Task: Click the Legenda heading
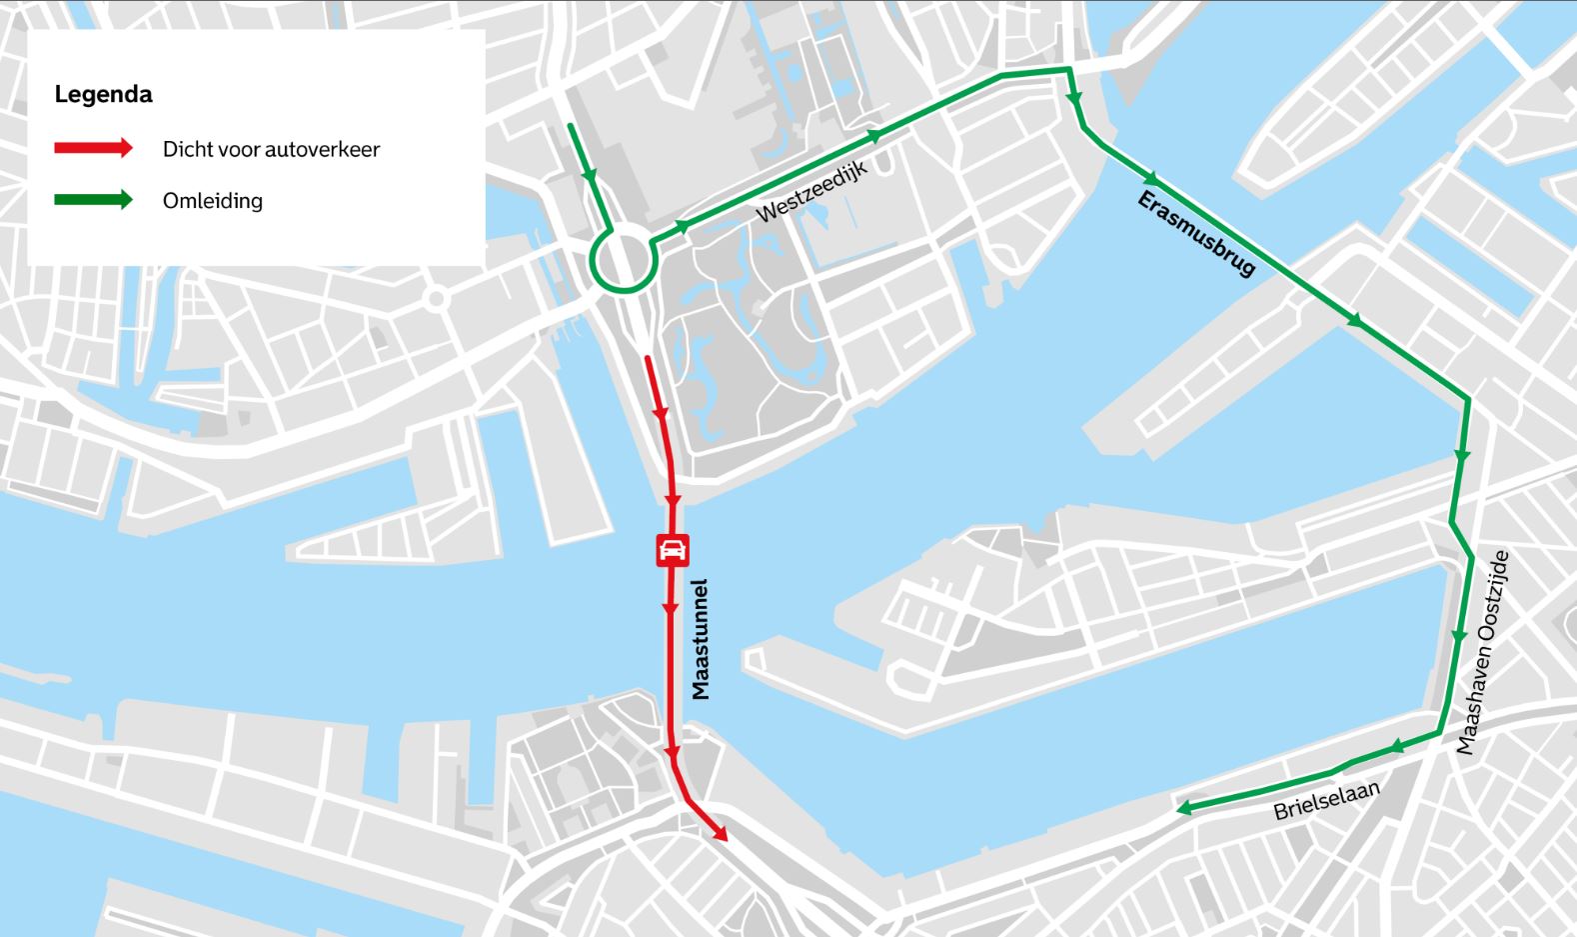[103, 95]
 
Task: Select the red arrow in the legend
[93, 148]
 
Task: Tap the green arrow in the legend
[93, 199]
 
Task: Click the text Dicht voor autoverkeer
[271, 149]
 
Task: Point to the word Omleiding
[212, 200]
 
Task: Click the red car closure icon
[672, 550]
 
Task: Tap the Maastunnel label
[701, 638]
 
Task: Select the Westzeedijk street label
[811, 192]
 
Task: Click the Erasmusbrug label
[1196, 234]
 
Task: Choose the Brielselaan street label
[1326, 800]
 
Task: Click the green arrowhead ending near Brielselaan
[1184, 808]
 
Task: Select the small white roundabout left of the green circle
[435, 298]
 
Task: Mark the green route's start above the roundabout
[571, 127]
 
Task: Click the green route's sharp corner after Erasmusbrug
[1467, 400]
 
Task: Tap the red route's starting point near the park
[649, 358]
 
